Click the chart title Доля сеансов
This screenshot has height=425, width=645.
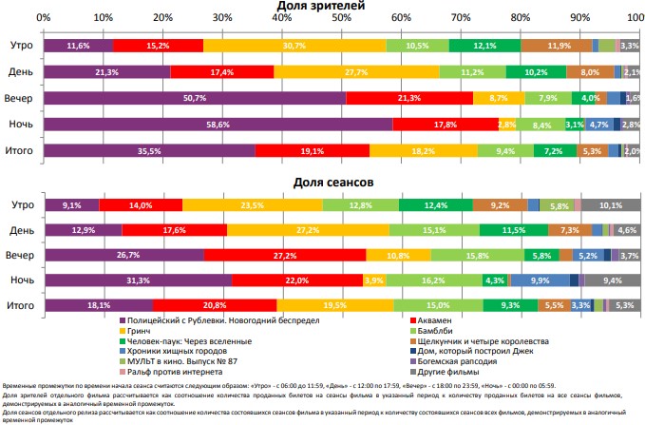[x=338, y=181]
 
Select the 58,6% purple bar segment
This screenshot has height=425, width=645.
[x=218, y=125]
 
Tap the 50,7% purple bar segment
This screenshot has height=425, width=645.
[x=195, y=98]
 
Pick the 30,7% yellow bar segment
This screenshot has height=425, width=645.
[x=294, y=46]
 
